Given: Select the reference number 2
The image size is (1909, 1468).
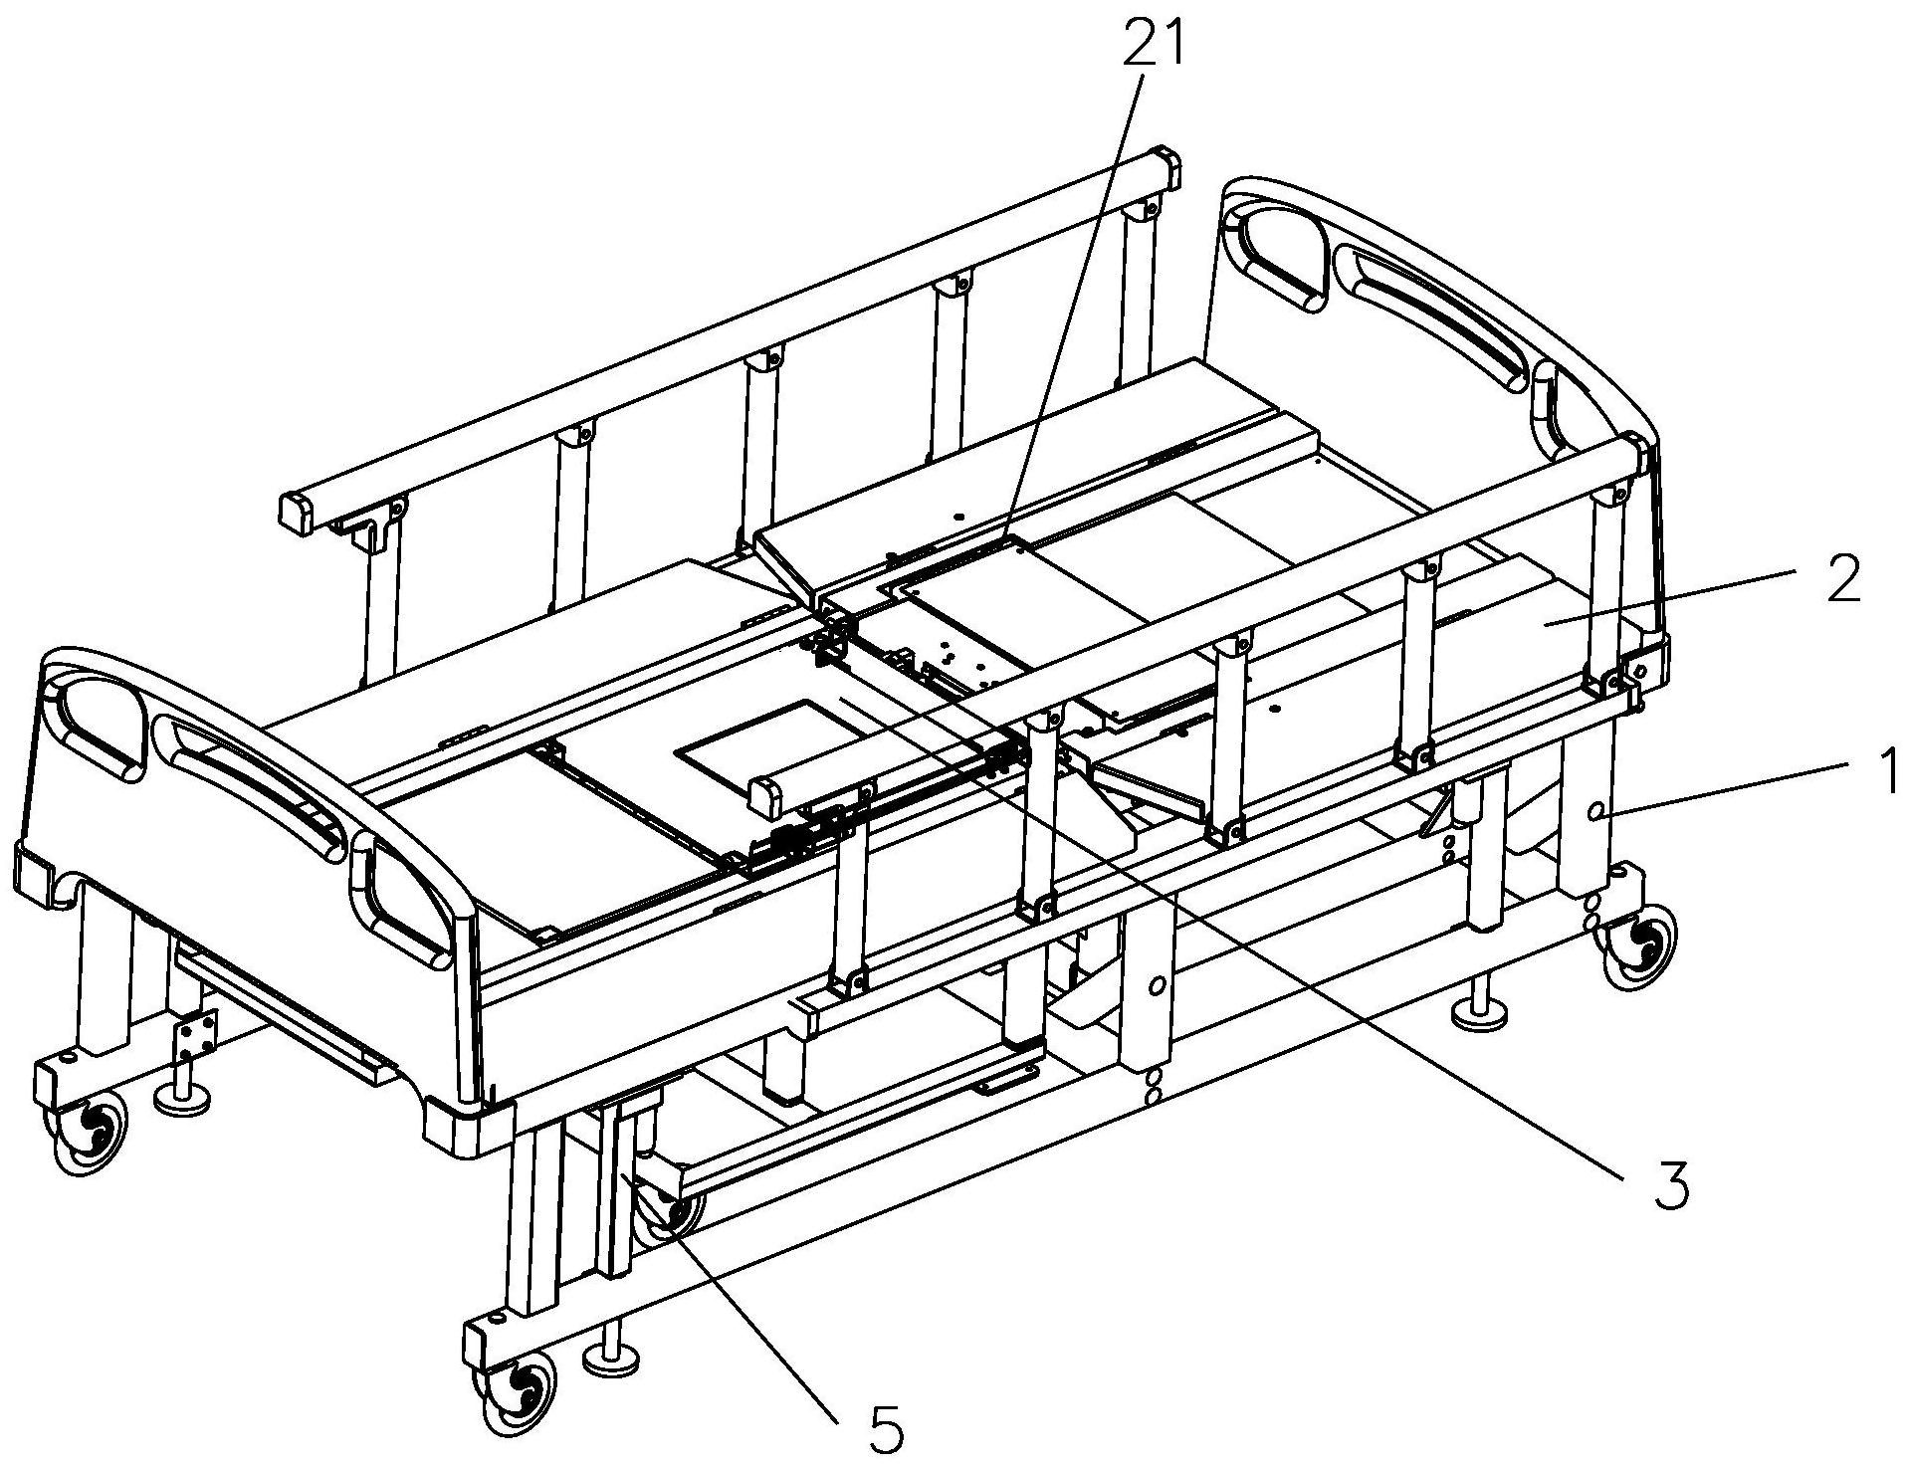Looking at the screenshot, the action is pyautogui.click(x=1843, y=579).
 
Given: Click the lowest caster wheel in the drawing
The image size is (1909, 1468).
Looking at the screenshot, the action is pyautogui.click(x=520, y=1386).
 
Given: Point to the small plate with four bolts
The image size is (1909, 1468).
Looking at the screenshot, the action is pyautogui.click(x=196, y=1037).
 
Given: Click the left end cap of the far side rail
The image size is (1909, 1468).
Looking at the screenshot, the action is pyautogui.click(x=297, y=511).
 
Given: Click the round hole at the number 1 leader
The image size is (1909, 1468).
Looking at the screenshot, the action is pyautogui.click(x=1597, y=813).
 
